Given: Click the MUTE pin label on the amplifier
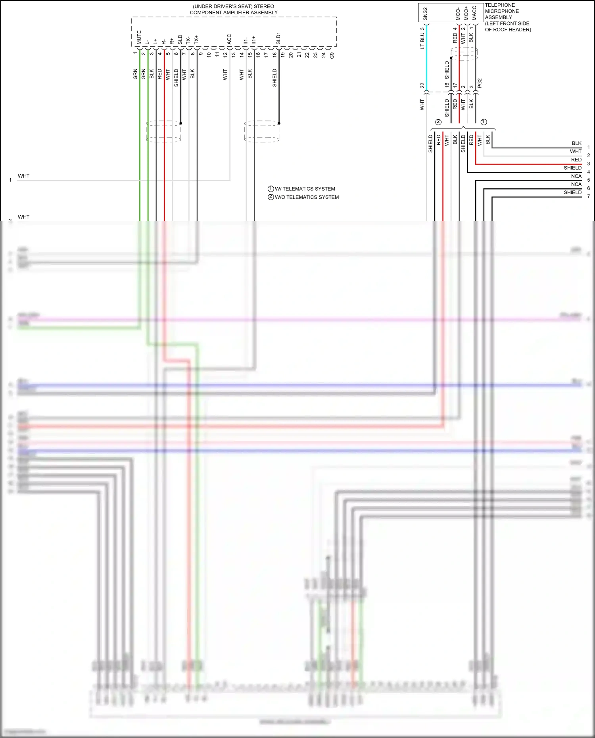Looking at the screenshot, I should [139, 37].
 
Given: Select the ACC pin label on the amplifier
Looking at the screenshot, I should [229, 39].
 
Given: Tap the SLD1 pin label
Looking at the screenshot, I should [278, 38].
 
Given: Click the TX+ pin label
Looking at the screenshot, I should [196, 39].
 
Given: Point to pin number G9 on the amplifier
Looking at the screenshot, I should [332, 56].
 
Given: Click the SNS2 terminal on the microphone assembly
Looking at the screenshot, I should [425, 13].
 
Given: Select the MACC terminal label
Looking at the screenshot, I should [474, 13].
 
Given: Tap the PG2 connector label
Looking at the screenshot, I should [480, 83].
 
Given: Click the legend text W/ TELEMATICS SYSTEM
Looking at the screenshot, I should [305, 189].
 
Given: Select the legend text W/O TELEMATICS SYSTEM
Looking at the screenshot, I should [307, 197].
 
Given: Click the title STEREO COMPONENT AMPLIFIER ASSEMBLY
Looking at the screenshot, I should [234, 10].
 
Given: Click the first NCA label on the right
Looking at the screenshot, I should [576, 176].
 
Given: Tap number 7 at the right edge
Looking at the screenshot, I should [588, 196].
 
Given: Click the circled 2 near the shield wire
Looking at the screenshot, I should [438, 122].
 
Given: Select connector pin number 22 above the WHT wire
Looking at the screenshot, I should [422, 85].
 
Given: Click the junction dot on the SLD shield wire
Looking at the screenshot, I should [181, 123].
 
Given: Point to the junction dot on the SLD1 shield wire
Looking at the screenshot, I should [279, 123].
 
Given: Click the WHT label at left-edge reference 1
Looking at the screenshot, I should [23, 176].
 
